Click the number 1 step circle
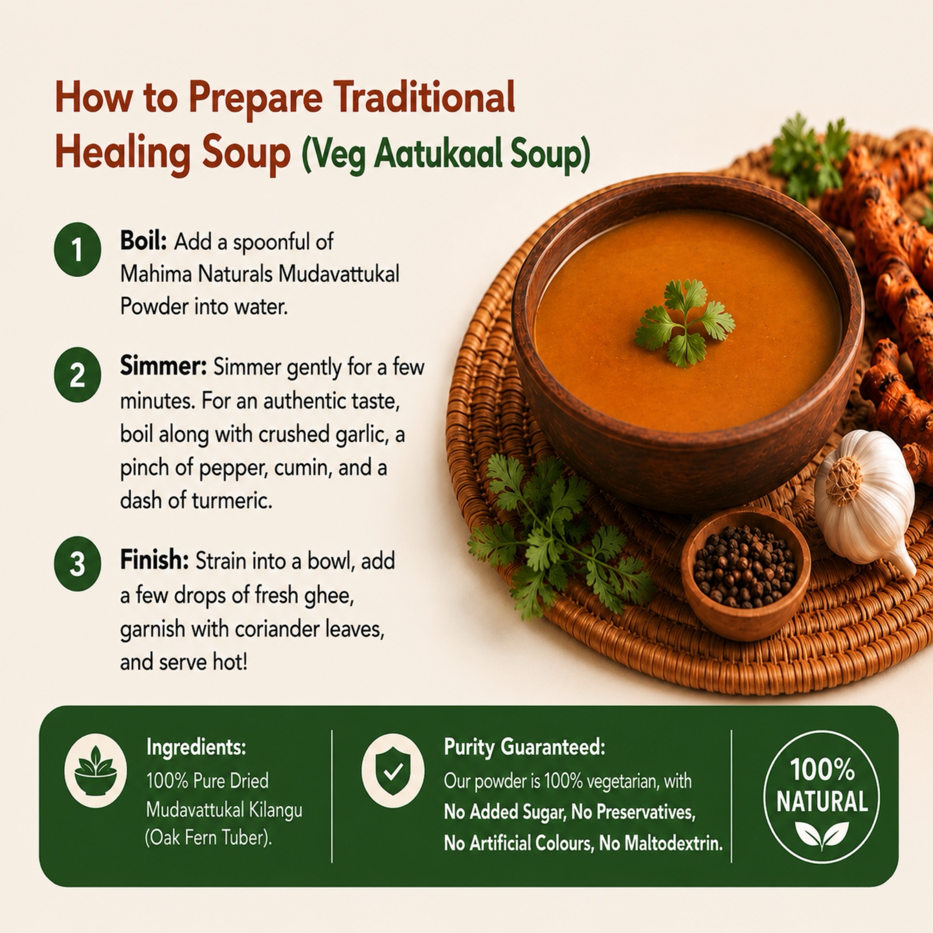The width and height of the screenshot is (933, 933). pos(77,250)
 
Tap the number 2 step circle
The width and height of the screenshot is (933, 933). pos(77,375)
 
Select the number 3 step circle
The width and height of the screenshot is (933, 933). pos(77,564)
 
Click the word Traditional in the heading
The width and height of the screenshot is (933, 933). pos(425,97)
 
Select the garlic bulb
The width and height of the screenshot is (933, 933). pos(864,502)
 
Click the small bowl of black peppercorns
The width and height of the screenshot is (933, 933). pos(745,573)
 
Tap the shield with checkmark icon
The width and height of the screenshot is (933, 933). pos(393,771)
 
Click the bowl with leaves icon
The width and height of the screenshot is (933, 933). pos(96,771)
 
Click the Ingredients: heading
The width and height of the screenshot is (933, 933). pos(196,747)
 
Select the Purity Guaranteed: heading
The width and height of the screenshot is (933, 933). pos(524,747)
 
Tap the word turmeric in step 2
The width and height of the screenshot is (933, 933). pos(232,500)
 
